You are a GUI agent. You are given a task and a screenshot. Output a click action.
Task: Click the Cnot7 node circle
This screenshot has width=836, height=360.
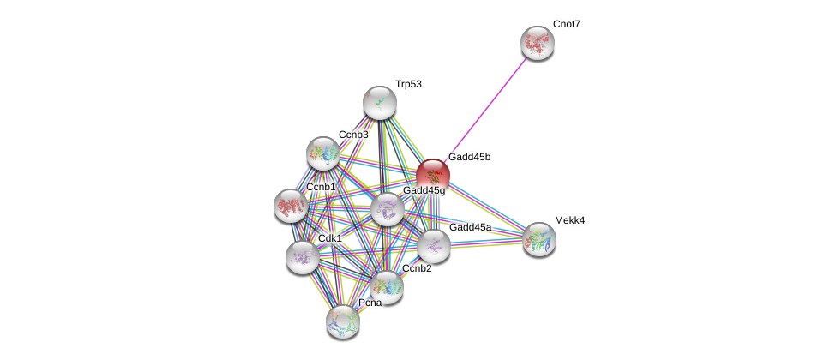[x=538, y=43]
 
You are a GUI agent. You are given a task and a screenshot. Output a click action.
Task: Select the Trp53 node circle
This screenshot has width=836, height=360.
[x=379, y=103]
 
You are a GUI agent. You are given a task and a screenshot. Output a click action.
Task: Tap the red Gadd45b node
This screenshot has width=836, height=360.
[x=433, y=175]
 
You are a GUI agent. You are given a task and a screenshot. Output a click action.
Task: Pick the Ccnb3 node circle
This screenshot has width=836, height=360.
[x=323, y=153]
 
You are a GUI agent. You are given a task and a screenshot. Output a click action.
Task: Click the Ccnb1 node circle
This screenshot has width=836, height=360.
[x=291, y=206]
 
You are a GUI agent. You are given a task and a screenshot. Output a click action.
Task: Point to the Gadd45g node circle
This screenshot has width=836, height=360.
[x=387, y=209]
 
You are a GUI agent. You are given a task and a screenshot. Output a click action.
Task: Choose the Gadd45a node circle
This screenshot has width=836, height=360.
[x=434, y=246]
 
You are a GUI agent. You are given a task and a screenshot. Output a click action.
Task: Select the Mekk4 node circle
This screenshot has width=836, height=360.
[x=539, y=239]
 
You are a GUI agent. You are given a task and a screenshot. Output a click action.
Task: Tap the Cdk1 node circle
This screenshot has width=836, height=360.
[x=302, y=257]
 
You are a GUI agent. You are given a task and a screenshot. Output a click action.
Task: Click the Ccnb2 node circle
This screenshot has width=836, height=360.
[x=387, y=287]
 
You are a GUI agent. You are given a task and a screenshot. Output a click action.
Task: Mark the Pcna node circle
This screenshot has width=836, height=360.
[x=343, y=321]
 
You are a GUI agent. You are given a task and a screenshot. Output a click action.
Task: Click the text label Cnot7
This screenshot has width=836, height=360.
[x=566, y=24]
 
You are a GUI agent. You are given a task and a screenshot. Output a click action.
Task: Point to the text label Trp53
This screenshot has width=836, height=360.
[x=408, y=84]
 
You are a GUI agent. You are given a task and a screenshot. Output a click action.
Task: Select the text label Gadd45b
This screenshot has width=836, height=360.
[x=469, y=157]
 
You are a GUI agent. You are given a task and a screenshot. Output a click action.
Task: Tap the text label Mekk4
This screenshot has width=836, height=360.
[x=569, y=220]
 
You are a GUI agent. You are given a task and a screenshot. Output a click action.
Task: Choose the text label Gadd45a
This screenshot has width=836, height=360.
[x=470, y=227]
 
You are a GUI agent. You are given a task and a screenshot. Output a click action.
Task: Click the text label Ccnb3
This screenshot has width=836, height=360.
[x=353, y=135]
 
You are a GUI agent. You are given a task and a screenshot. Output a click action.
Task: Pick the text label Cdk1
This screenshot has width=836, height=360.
[x=329, y=238]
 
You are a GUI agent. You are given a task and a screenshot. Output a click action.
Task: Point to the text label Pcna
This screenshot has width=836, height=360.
[x=370, y=303]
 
